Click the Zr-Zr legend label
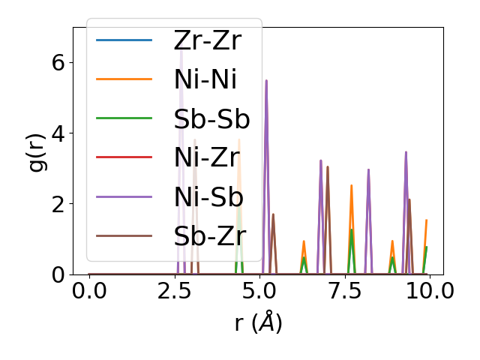click(x=207, y=40)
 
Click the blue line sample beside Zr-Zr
click(x=124, y=40)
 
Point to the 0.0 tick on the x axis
click(x=89, y=290)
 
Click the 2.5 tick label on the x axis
click(x=174, y=290)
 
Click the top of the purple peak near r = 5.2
click(x=266, y=80)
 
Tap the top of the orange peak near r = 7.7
click(x=351, y=185)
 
